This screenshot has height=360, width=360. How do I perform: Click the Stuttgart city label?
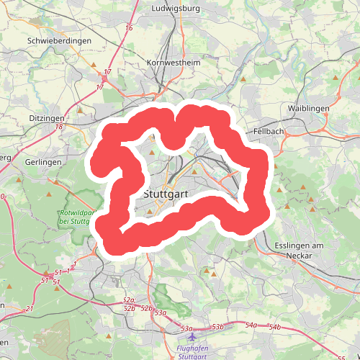(x=166, y=194)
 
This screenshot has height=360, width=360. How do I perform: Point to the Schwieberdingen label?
(x=59, y=41)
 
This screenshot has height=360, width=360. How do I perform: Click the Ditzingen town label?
(x=48, y=117)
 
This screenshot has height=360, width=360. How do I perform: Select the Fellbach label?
(x=269, y=132)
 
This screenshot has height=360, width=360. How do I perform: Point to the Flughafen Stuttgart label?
(x=193, y=351)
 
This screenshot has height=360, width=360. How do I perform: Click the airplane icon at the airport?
(x=192, y=336)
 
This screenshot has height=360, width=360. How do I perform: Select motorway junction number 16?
(x=129, y=28)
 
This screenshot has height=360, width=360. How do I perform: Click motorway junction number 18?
(x=59, y=127)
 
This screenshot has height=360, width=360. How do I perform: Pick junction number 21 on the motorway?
(x=30, y=308)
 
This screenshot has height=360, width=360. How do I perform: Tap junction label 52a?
(x=130, y=300)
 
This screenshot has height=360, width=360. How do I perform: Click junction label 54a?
(x=251, y=325)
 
